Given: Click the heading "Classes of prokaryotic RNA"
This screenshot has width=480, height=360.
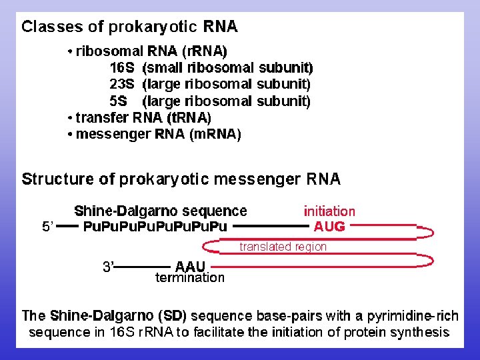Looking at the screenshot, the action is click(129, 27).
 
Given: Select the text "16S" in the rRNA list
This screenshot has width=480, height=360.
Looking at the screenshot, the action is click(122, 68).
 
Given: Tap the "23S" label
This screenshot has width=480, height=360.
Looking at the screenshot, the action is click(122, 85).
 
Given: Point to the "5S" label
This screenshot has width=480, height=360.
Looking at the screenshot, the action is click(118, 101).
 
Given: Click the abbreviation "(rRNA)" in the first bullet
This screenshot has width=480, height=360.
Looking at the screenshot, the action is click(204, 51).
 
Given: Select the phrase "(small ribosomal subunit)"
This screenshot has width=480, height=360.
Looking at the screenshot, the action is click(227, 68).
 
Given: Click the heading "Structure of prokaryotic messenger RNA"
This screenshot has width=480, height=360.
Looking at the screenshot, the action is click(181, 179).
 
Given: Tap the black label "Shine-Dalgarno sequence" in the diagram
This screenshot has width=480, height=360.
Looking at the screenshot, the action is click(160, 211).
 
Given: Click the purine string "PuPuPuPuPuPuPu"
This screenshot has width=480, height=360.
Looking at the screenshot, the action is click(155, 227).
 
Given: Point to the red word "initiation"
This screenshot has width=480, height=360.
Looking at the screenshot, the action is click(329, 211).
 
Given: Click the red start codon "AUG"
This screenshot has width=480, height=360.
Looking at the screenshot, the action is click(329, 227).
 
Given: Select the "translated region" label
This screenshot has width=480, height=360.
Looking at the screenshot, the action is click(283, 247).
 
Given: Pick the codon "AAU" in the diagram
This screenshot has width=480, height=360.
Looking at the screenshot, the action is click(190, 266).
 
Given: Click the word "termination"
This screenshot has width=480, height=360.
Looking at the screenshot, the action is click(190, 277).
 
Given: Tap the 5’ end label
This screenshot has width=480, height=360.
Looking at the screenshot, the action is click(48, 227).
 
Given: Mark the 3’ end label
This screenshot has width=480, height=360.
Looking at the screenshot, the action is click(108, 267).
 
